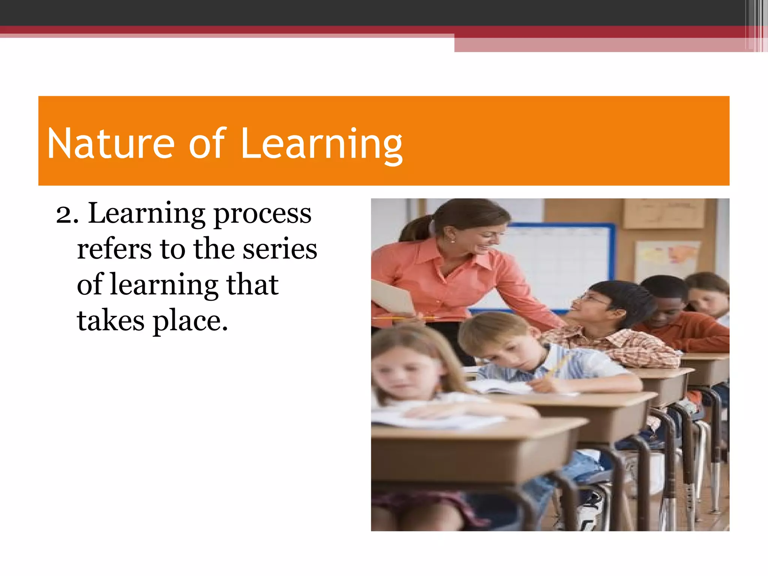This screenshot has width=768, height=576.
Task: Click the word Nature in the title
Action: point(111,144)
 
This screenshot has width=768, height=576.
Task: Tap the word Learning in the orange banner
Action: point(321,144)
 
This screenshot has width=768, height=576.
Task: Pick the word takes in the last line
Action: point(111,321)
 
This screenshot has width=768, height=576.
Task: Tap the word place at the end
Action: point(190,322)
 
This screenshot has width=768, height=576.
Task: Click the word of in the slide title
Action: point(207,144)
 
